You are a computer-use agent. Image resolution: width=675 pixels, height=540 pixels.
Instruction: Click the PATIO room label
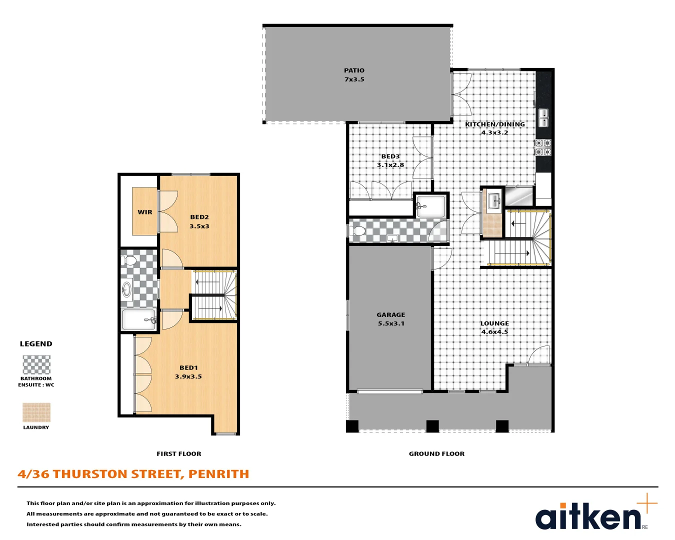pyautogui.click(x=354, y=70)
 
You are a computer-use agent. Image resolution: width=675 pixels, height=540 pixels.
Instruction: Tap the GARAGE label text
pyautogui.click(x=391, y=315)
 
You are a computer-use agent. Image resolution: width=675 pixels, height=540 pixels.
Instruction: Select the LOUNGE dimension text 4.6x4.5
pyautogui.click(x=494, y=332)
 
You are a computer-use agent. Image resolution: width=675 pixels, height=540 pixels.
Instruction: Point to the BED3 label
pyautogui.click(x=390, y=156)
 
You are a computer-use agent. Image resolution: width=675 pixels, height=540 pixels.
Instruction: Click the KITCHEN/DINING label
pyautogui.click(x=495, y=124)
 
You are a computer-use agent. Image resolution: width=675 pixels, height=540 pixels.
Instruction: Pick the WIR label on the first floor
pyautogui.click(x=145, y=212)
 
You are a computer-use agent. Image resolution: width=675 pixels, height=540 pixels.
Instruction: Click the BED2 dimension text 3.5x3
pyautogui.click(x=199, y=226)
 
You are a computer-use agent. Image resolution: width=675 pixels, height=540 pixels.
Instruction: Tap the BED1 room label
pyautogui.click(x=188, y=368)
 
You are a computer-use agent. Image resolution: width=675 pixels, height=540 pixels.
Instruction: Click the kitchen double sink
pyautogui.click(x=543, y=118)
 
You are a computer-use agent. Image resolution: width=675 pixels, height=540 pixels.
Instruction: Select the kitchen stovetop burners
pyautogui.click(x=543, y=147)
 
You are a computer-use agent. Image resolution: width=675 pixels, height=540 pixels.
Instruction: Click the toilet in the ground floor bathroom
pyautogui.click(x=358, y=231)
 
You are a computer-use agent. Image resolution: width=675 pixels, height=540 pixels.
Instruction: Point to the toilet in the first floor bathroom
pyautogui.click(x=129, y=260)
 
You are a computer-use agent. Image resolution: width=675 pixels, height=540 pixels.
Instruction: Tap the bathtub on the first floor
pyautogui.click(x=139, y=320)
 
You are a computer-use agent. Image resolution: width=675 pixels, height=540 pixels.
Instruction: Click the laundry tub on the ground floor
pyautogui.click(x=494, y=201)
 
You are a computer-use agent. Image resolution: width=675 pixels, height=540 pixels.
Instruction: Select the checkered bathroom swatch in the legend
pyautogui.click(x=36, y=365)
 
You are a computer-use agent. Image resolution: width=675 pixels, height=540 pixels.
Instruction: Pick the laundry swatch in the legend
pyautogui.click(x=36, y=412)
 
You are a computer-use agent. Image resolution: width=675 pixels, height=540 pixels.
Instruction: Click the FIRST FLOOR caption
pyautogui.click(x=179, y=454)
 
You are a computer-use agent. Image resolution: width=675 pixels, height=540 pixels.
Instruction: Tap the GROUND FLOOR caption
pyautogui.click(x=436, y=454)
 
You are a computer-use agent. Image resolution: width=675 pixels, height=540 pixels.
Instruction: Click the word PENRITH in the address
pyautogui.click(x=218, y=474)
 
